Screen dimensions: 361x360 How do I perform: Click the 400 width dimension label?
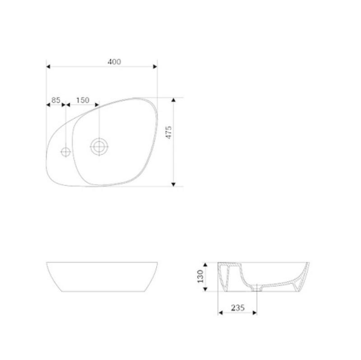click(114, 62)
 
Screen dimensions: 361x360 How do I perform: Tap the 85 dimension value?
click(56, 100)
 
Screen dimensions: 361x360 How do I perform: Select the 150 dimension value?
click(83, 100)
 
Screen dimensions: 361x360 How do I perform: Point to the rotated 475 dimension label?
click(169, 132)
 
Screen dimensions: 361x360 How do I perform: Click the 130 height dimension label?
click(200, 276)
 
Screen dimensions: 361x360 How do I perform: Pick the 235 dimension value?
click(238, 308)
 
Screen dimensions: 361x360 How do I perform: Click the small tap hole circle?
click(65, 152)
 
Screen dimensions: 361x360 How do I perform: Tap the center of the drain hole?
click(99, 147)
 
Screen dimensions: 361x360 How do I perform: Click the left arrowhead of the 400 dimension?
click(48, 66)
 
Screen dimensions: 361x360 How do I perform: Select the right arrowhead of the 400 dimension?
click(155, 66)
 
